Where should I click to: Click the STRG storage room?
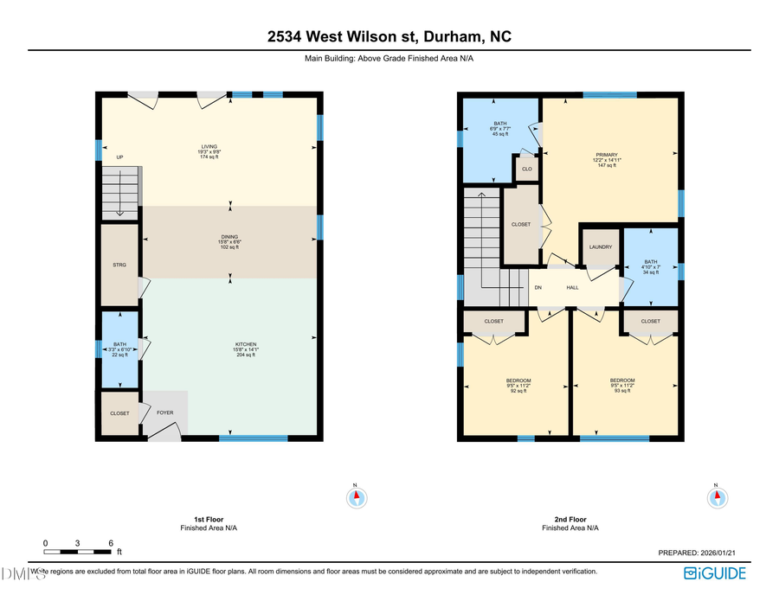119,265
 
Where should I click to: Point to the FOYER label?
164,412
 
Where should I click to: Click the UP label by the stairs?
119,157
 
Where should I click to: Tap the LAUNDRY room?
601,247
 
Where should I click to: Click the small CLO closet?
526,169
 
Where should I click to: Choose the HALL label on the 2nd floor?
572,287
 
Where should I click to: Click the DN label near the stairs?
538,287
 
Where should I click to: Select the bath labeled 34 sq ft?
651,267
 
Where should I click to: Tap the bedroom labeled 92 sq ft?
518,386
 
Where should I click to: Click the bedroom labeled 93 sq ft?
621,386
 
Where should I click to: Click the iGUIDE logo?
714,572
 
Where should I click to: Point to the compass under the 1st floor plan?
357,498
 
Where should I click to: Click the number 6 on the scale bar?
111,543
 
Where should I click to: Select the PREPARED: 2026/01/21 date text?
701,553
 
